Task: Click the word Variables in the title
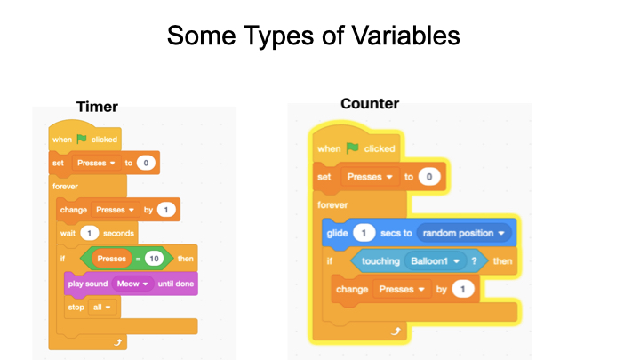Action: (x=405, y=36)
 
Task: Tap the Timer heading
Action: (x=97, y=107)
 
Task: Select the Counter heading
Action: (x=370, y=104)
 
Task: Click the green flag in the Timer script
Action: (x=82, y=139)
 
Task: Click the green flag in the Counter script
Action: (x=352, y=148)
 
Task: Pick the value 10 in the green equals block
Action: (x=154, y=259)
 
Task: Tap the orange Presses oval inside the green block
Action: (x=111, y=259)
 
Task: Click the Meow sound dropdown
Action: (x=132, y=284)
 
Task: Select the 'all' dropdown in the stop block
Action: (x=102, y=308)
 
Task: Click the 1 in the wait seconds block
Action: (x=90, y=233)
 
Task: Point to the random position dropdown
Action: (x=463, y=233)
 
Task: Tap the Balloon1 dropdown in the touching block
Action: (x=435, y=260)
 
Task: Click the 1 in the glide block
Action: (x=364, y=233)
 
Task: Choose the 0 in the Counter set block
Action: (x=429, y=177)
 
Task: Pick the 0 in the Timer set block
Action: (x=146, y=163)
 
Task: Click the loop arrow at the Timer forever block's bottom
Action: (x=117, y=342)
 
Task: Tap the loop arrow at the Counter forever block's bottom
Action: (x=396, y=331)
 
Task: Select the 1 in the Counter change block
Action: (x=463, y=289)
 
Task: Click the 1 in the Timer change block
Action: (x=165, y=210)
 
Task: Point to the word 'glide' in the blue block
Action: (x=337, y=234)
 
